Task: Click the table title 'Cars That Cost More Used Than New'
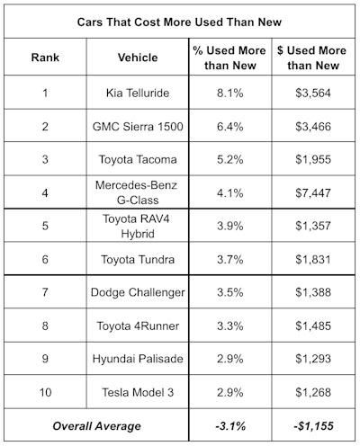[179, 22]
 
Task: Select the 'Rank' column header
[46, 58]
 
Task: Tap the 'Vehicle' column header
[138, 58]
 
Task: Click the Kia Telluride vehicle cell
[138, 94]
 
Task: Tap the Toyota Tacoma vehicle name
[138, 160]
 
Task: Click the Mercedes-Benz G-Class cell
[138, 192]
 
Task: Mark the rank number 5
[46, 226]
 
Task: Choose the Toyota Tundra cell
[138, 259]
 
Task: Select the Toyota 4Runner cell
[138, 326]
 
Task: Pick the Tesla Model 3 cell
[138, 392]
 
